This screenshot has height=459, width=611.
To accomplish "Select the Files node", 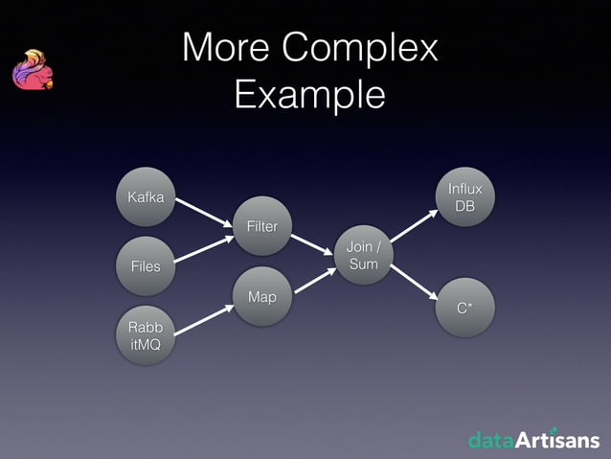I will [x=146, y=264].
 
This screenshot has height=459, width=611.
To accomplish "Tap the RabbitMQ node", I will [x=146, y=336].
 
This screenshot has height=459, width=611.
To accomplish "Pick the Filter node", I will [x=261, y=226].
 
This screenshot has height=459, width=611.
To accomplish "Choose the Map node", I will [x=261, y=297].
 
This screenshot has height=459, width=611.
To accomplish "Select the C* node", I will [x=465, y=308].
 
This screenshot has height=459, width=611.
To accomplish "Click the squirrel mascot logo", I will [x=32, y=72].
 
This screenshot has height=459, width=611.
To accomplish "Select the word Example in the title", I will [x=308, y=94].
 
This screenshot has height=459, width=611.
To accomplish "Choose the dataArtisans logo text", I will [x=533, y=440].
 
